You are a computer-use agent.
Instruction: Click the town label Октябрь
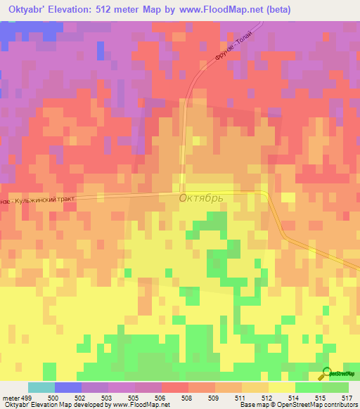click(201, 198)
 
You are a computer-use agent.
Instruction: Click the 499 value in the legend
click(25, 398)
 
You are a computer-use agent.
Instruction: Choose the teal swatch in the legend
click(41, 387)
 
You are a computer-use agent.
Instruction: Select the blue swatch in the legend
click(68, 387)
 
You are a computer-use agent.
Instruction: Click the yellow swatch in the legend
click(282, 387)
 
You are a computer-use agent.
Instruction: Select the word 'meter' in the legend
click(11, 398)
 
